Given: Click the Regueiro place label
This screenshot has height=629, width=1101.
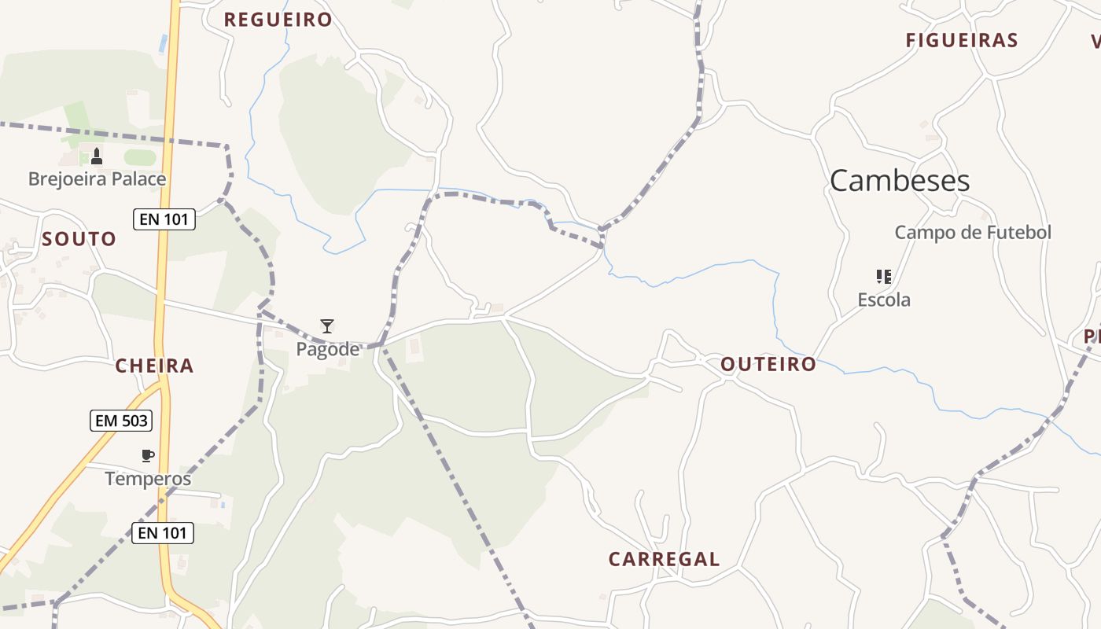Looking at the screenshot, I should [x=278, y=20].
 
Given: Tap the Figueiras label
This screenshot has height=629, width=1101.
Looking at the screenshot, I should [x=962, y=40].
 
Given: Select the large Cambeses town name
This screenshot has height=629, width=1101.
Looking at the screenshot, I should [x=900, y=181].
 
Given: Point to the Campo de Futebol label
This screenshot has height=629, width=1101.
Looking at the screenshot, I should [x=973, y=232].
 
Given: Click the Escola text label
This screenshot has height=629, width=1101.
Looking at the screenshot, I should [x=884, y=300].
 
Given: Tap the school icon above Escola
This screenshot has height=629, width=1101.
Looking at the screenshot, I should [x=884, y=277].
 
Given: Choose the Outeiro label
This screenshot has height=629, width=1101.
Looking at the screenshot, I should [x=768, y=364].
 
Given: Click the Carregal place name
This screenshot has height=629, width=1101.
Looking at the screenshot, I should [x=664, y=559].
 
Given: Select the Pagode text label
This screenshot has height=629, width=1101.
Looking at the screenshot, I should [x=327, y=349].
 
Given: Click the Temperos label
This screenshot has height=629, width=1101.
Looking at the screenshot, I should [x=148, y=478].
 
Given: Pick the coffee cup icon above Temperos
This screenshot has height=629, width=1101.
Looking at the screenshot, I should [x=147, y=455].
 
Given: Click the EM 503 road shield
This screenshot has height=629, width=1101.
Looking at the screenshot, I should [x=120, y=421].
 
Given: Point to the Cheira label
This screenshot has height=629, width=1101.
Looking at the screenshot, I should [x=154, y=366].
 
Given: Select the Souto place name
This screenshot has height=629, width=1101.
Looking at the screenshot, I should [x=79, y=239].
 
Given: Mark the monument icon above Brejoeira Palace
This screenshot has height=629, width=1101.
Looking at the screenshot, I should [x=97, y=156].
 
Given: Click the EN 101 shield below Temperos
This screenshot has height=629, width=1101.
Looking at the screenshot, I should [x=162, y=533].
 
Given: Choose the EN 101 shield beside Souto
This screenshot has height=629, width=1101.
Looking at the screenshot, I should [x=164, y=219].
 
